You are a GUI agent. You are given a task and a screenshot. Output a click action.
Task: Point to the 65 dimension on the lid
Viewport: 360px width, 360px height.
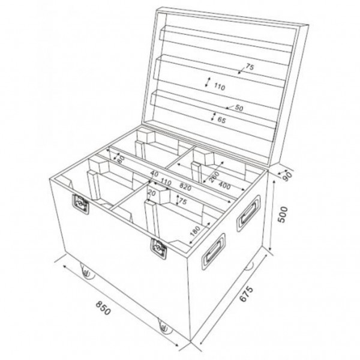pyautogui.click(x=221, y=121)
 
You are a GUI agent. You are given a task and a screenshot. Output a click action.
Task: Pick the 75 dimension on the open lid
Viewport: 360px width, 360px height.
pyautogui.click(x=250, y=67)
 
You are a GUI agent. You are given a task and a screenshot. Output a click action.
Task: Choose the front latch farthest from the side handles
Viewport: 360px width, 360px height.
pyautogui.click(x=79, y=205)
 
